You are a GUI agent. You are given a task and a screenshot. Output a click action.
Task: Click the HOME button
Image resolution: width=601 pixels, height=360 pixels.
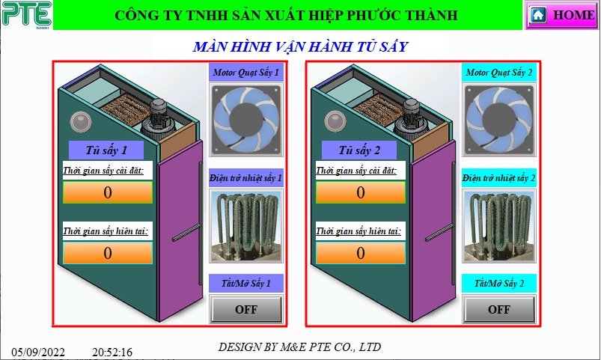pos(561,15)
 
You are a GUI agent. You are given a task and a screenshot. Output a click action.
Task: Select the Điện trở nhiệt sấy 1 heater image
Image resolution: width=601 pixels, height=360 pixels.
pos(245,225)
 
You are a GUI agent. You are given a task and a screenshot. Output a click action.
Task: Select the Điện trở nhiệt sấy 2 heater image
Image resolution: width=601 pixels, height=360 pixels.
pos(498,225)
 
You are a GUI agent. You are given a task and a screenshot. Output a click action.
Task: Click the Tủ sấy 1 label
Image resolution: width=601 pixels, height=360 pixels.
pos(106,150)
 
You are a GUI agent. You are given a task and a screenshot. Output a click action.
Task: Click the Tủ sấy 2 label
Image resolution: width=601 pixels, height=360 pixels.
pos(359,150)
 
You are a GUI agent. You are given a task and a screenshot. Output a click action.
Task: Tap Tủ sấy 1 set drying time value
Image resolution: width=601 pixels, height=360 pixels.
pos(108,192)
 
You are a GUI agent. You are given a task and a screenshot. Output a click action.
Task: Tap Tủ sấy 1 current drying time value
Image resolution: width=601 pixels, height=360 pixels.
pos(108,253)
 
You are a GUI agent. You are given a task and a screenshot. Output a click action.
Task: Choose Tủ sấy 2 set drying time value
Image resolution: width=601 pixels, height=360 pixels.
pos(361,192)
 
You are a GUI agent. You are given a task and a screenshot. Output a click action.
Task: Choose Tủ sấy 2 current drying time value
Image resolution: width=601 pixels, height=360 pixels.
pos(361,253)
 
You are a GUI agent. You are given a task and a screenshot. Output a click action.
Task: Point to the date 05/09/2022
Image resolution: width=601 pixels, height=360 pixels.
pos(38,352)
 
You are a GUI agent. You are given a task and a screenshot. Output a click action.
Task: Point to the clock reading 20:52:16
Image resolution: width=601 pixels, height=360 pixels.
pos(112,352)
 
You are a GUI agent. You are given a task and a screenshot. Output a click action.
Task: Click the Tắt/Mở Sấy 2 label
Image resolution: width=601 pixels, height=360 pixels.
pos(498,284)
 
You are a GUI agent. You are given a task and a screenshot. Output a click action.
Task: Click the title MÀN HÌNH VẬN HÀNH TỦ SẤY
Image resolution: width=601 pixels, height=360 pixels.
pos(300,47)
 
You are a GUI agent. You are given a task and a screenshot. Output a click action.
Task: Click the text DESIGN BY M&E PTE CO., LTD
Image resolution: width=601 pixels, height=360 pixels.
pos(299,347)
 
